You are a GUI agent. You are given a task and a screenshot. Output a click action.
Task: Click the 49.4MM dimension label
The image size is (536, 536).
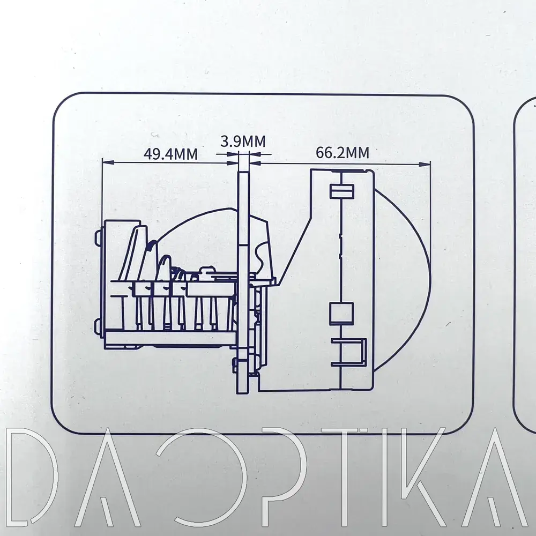click(170, 154)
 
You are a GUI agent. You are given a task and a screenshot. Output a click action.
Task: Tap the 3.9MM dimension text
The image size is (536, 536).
click(243, 142)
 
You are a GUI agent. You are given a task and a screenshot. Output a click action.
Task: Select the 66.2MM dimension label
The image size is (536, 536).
click(342, 153)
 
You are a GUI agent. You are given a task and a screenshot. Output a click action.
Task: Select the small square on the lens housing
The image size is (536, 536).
click(341, 313)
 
